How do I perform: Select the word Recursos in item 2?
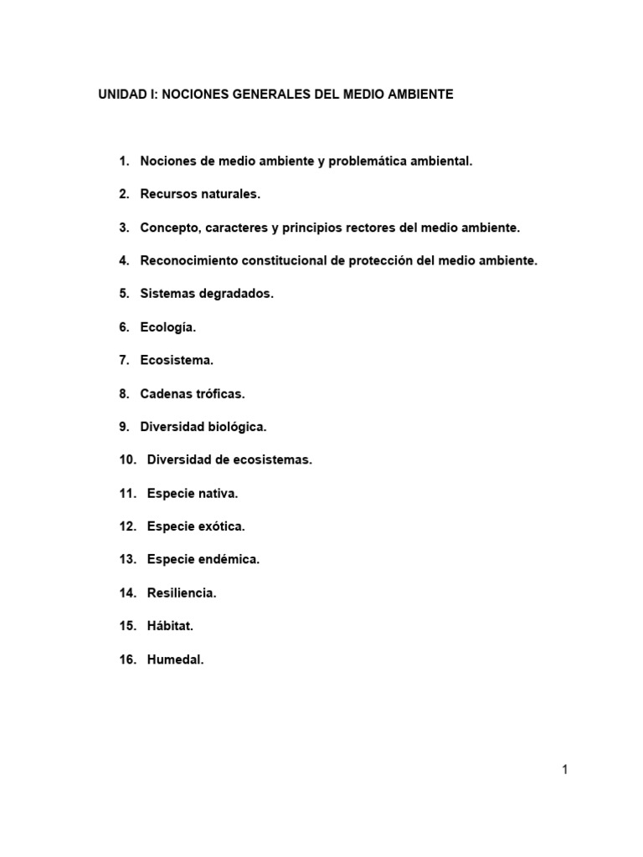pyautogui.click(x=165, y=194)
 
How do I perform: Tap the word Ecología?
pyautogui.click(x=167, y=327)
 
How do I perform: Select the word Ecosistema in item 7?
pyautogui.click(x=177, y=361)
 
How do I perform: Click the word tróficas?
pyautogui.click(x=219, y=393)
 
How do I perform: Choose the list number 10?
pyautogui.click(x=127, y=460)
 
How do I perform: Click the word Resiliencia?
pyautogui.click(x=182, y=593)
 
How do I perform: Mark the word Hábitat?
pyautogui.click(x=171, y=626)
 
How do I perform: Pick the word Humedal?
pyautogui.click(x=176, y=659)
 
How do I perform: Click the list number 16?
pyautogui.click(x=127, y=659)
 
